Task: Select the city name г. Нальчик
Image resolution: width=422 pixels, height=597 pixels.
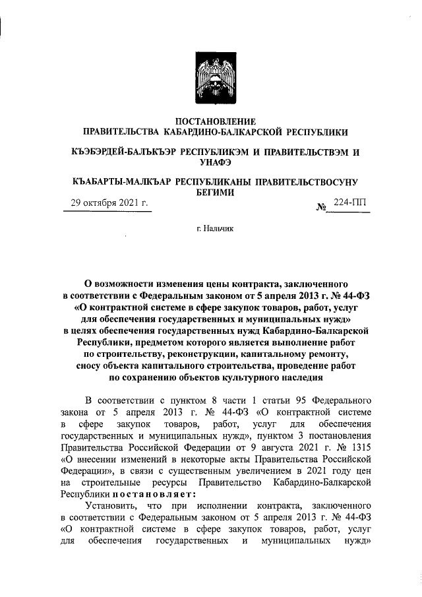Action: coord(210,229)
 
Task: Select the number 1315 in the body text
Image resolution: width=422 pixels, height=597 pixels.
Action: coord(360,445)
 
